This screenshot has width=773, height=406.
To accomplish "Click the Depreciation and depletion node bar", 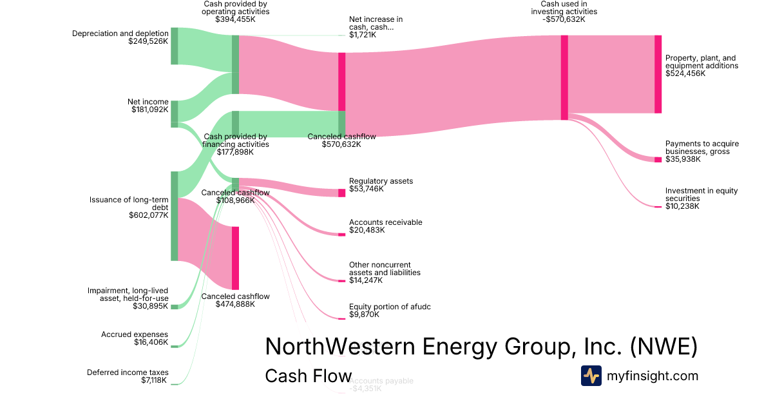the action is tap(174, 46).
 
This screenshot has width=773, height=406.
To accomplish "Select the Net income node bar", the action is tap(174, 114).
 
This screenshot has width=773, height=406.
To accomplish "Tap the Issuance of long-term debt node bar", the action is tap(174, 216).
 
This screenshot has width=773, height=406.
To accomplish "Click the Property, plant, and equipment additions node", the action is tap(658, 74).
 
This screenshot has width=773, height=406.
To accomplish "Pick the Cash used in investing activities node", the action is tap(564, 77).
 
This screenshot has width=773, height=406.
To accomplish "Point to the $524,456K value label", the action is tap(685, 73).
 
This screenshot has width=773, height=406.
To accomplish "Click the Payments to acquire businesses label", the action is tap(702, 148).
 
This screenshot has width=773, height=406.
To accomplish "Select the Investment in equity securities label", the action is tap(701, 195).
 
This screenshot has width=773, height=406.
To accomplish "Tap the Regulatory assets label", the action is tap(381, 181).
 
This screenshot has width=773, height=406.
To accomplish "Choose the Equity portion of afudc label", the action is tap(390, 307).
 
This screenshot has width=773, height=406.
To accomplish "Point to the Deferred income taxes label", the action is tap(128, 372).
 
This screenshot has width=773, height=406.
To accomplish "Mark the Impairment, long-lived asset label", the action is tap(128, 295).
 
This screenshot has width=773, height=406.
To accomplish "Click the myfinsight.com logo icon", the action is tap(591, 376).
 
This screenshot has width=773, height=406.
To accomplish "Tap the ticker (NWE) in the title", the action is tap(663, 347).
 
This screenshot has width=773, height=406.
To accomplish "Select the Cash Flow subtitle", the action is tap(308, 376).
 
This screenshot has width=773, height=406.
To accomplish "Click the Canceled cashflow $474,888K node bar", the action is tap(235, 258).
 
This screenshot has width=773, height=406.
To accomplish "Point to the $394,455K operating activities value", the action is tap(236, 19).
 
